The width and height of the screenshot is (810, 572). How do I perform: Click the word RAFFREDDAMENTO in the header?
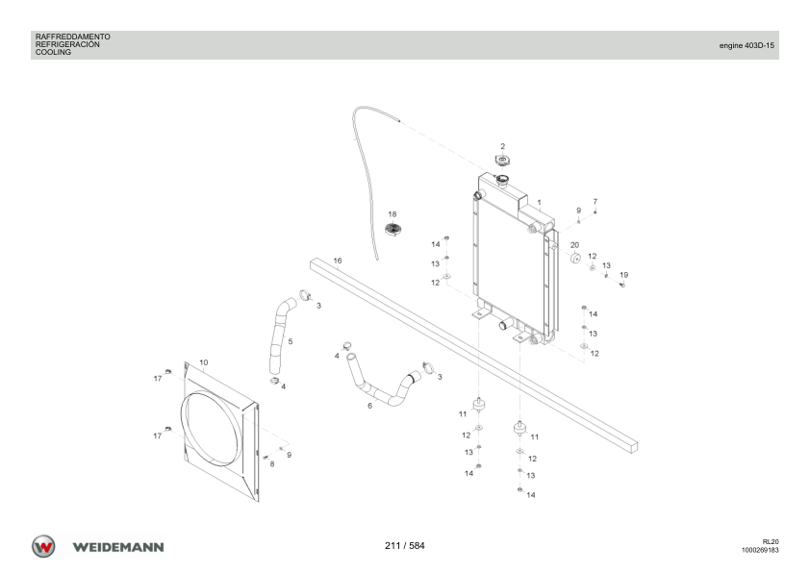tap(73, 37)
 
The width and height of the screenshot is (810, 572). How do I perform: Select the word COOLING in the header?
tap(53, 52)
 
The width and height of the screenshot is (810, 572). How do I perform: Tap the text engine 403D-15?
tap(747, 45)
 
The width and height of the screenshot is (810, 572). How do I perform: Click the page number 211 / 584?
tap(404, 546)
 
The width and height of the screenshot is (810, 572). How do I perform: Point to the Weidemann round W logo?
tap(43, 547)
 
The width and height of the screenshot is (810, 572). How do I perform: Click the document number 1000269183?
tap(760, 550)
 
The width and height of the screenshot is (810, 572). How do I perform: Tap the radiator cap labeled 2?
tap(502, 162)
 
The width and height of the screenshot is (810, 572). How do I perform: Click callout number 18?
tap(392, 214)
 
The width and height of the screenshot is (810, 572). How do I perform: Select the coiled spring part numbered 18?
tap(393, 229)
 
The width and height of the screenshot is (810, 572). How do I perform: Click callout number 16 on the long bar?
tap(338, 261)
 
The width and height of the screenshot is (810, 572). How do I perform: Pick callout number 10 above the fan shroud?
tap(204, 362)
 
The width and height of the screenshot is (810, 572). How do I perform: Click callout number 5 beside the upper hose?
tap(291, 341)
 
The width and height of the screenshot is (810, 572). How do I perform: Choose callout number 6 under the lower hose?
tap(369, 406)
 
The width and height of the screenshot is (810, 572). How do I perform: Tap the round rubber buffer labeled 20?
tap(575, 259)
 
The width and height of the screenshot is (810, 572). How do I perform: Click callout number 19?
tap(623, 275)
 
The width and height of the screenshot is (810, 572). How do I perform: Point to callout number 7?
tap(595, 201)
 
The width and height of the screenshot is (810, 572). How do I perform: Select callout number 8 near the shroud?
tap(272, 463)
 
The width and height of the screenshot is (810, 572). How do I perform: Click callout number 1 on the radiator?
tap(540, 203)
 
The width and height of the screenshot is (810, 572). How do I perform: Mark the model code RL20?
tap(771, 541)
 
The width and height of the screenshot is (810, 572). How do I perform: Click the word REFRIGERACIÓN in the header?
tap(67, 44)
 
